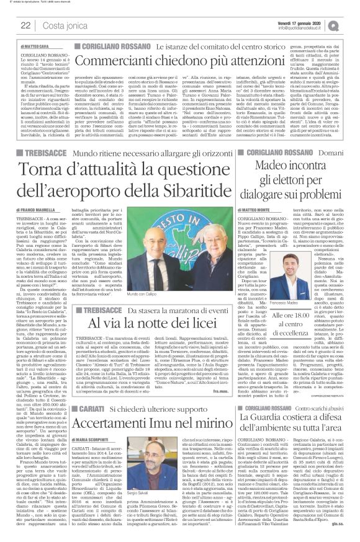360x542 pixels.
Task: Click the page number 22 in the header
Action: (x=27, y=25)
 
